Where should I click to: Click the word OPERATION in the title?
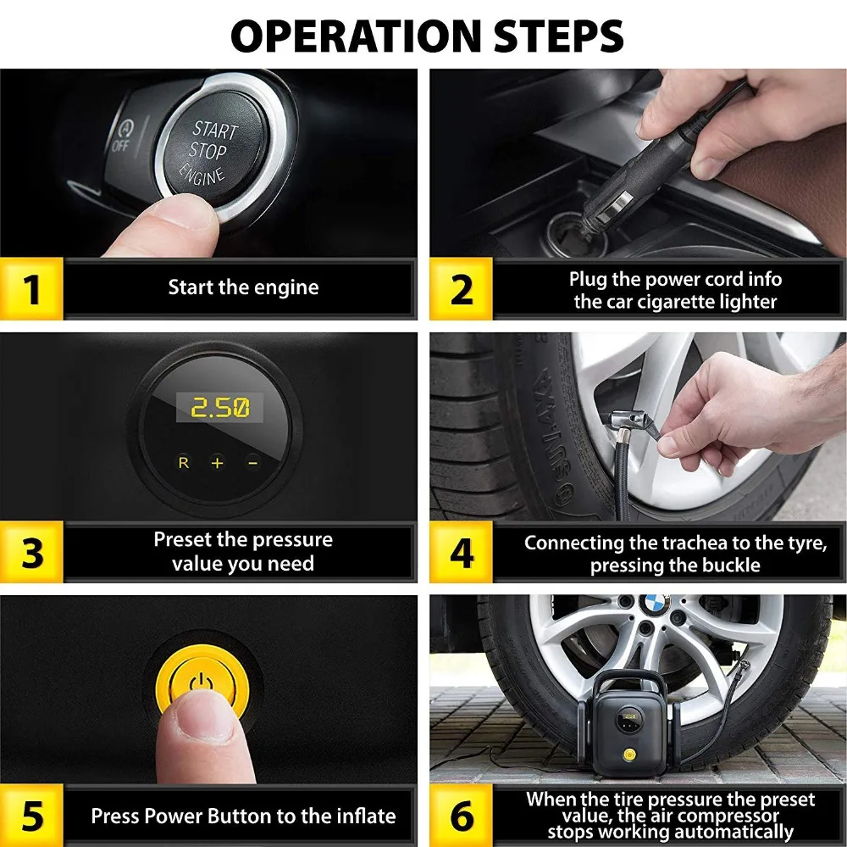356,36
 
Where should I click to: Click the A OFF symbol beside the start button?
122,136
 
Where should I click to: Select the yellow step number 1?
32,289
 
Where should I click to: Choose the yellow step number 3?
32,552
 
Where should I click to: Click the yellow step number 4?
462,552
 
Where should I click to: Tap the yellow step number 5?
32,816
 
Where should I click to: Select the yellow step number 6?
462,816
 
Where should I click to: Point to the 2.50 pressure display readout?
220,407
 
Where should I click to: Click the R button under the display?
184,462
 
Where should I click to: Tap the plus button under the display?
217,463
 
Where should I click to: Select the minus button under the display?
252,463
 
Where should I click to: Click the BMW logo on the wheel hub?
655,604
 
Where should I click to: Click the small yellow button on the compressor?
628,754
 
